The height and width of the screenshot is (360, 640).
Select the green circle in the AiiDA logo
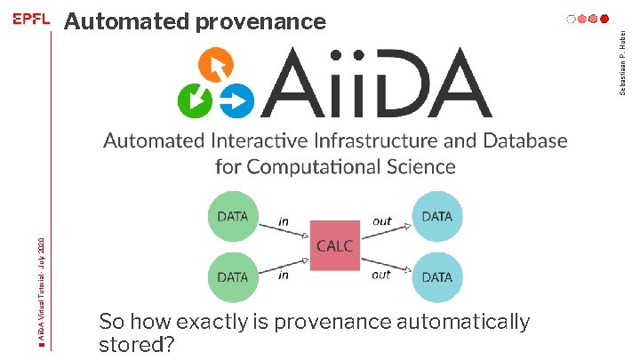point(196,100)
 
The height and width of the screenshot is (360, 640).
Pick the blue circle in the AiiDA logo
point(236,100)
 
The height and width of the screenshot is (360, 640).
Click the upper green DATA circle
point(233,216)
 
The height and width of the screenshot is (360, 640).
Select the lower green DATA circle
point(233,276)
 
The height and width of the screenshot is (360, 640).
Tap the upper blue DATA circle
point(436,216)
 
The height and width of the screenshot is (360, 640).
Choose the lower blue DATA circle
point(436,276)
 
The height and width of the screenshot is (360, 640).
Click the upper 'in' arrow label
point(284,220)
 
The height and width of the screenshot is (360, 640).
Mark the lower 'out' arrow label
point(381,275)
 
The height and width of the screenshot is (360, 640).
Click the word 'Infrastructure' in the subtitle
point(400,140)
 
